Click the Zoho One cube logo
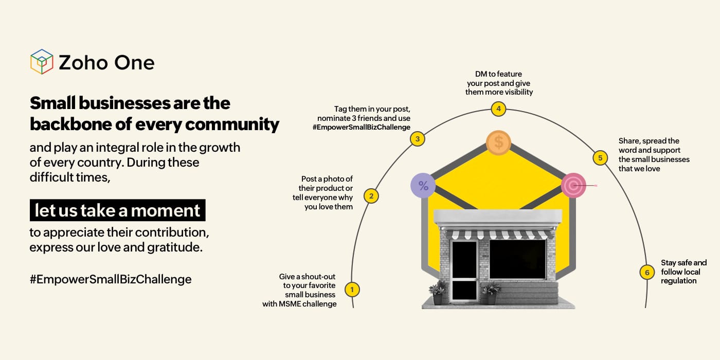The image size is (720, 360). [x=42, y=62]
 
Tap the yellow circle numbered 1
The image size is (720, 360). [x=352, y=290]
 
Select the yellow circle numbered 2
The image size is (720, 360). [x=371, y=196]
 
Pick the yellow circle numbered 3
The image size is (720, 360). [x=418, y=139]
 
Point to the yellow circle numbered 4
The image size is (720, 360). [x=498, y=109]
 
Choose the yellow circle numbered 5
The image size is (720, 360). [x=600, y=158]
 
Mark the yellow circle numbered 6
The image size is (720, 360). [x=647, y=272]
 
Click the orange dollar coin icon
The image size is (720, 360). [x=498, y=142]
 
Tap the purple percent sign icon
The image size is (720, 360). [x=423, y=186]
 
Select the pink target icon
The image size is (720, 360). [x=573, y=185]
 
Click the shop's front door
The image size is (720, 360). [x=464, y=269]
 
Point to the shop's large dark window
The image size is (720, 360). [x=517, y=259]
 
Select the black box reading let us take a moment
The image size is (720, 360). [x=117, y=210]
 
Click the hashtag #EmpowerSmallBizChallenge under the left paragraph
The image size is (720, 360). [x=111, y=279]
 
